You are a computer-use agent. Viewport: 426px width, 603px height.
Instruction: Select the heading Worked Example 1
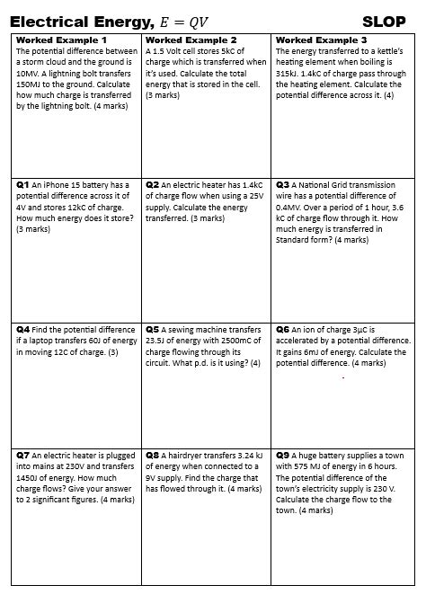point(62,40)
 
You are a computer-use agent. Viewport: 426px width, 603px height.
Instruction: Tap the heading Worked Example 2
point(191,40)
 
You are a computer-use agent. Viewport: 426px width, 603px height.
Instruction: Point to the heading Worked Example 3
point(321,40)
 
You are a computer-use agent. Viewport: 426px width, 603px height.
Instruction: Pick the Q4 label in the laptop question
point(22,330)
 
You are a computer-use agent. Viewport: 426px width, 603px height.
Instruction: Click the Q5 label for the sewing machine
point(152,330)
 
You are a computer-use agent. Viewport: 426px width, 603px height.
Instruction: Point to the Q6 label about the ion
point(282,330)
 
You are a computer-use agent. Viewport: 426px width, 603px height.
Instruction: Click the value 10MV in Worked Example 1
point(30,74)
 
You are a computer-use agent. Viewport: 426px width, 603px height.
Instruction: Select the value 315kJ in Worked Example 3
point(288,74)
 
